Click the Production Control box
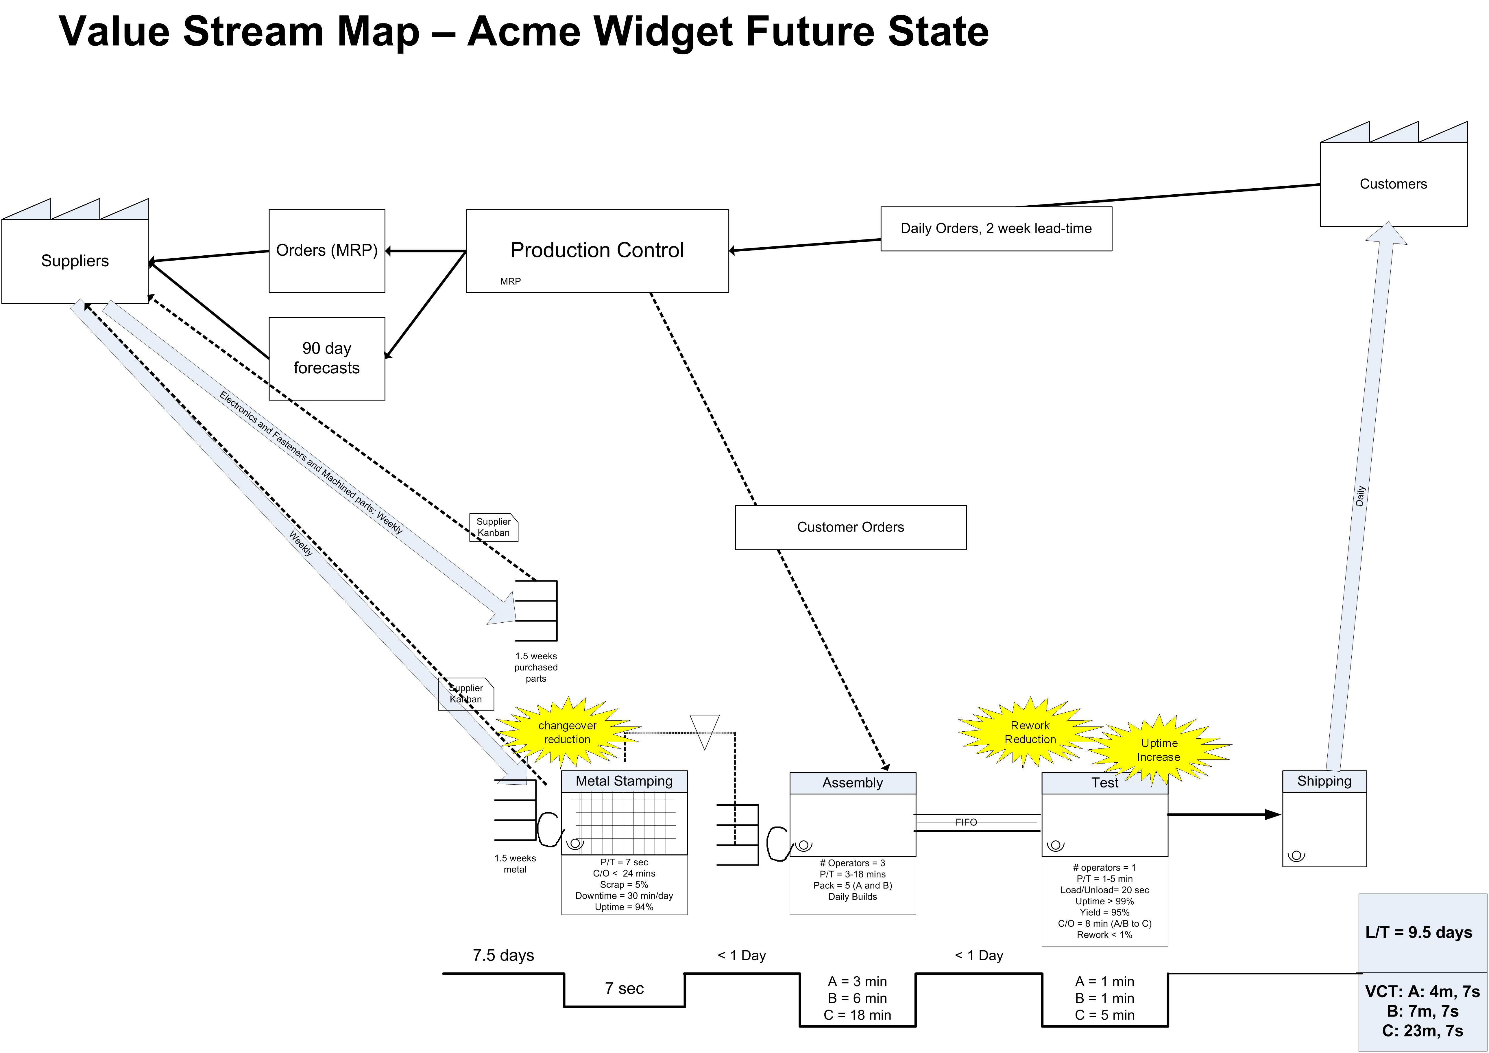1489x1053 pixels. [x=597, y=250]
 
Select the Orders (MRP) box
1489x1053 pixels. [x=327, y=250]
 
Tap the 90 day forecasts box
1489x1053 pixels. [x=327, y=358]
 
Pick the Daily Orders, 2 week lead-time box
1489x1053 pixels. [x=996, y=228]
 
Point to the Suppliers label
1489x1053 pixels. [x=75, y=261]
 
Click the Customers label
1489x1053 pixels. [x=1393, y=184]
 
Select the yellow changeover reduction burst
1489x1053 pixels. [x=568, y=733]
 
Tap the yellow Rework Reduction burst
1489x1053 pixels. [x=1030, y=733]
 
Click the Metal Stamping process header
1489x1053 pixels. [x=624, y=781]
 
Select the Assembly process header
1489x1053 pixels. [x=852, y=783]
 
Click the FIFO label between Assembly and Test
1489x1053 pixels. [x=966, y=822]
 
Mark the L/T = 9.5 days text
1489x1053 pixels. [x=1419, y=932]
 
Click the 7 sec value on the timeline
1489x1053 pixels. [x=624, y=988]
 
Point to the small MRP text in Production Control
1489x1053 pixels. [x=510, y=281]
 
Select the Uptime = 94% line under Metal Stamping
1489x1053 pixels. [x=624, y=907]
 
